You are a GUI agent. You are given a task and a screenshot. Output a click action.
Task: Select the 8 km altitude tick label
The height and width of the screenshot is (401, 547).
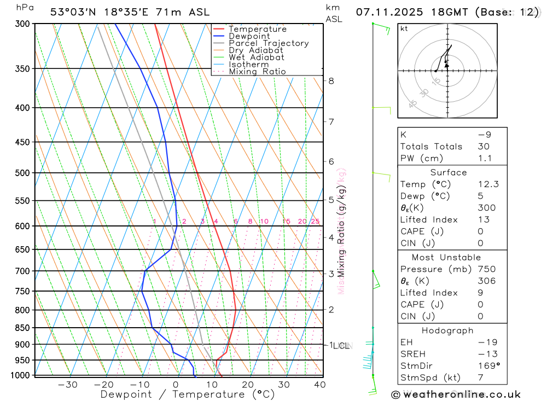pyautogui.click(x=331, y=81)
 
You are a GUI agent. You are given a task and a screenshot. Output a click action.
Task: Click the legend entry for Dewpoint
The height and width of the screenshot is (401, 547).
pyautogui.click(x=249, y=36)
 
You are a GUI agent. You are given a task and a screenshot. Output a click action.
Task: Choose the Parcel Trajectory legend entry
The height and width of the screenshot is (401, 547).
pyautogui.click(x=268, y=43)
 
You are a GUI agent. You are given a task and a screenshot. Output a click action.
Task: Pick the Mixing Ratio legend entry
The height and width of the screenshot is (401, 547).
pyautogui.click(x=257, y=72)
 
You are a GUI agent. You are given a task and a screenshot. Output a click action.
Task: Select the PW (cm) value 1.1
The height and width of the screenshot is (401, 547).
pyautogui.click(x=485, y=159)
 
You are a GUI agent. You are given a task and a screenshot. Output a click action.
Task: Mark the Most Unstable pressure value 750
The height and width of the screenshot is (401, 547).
pyautogui.click(x=486, y=269)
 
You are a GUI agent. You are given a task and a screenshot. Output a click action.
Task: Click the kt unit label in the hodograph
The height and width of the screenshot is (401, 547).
pyautogui.click(x=404, y=28)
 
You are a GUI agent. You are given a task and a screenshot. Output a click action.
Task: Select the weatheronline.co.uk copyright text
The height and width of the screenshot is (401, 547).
pyautogui.click(x=456, y=394)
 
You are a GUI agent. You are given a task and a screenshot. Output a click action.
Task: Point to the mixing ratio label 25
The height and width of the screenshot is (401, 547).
pyautogui.click(x=315, y=222)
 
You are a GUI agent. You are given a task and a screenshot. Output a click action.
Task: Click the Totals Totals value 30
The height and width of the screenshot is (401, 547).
pyautogui.click(x=483, y=147)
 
